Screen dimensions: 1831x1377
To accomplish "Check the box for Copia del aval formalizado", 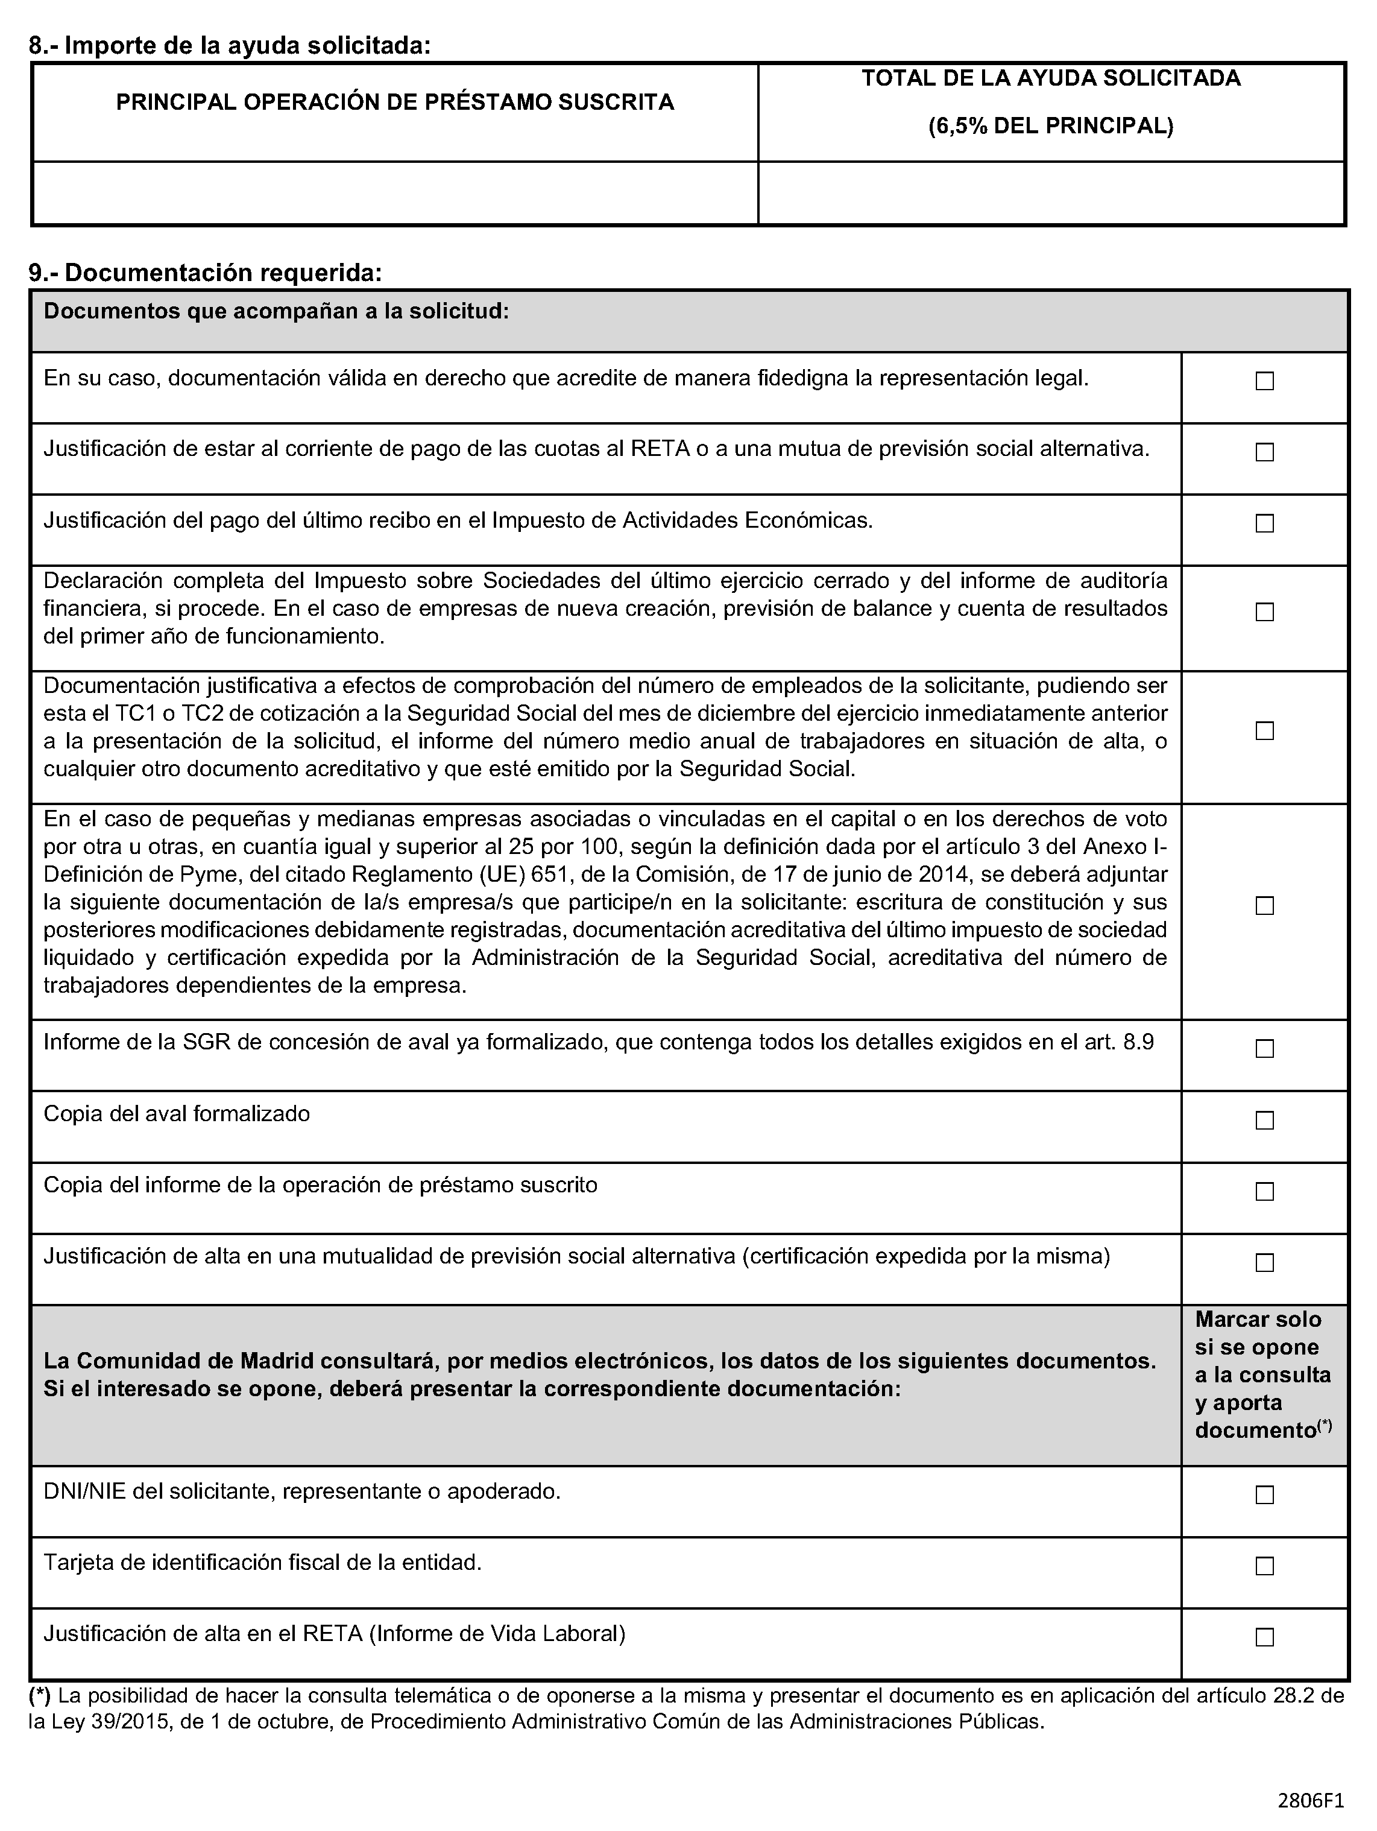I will point(1264,1120).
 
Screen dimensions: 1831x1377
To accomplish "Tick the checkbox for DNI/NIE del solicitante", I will point(1264,1494).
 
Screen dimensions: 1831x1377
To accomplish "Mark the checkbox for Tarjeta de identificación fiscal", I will point(1264,1565).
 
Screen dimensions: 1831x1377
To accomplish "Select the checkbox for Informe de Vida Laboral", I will point(1264,1636).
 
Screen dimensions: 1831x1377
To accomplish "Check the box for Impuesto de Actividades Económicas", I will point(1264,523).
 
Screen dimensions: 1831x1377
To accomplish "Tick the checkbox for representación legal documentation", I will point(1264,381).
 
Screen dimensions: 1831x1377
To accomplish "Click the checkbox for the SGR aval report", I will point(1264,1048).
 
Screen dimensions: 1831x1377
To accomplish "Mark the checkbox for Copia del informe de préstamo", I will point(1264,1191).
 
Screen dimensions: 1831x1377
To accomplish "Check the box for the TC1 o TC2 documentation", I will point(1264,730).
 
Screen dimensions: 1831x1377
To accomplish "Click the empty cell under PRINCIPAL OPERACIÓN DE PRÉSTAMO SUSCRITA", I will point(395,193).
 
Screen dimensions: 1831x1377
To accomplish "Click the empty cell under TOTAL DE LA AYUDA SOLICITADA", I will point(1051,193).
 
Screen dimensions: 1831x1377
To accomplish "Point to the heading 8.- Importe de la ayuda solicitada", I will point(230,45).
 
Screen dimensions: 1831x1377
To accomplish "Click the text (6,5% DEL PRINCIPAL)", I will point(1050,127).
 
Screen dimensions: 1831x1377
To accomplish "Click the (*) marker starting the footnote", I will point(40,1695).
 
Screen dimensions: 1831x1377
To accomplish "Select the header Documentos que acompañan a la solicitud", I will point(276,312).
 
